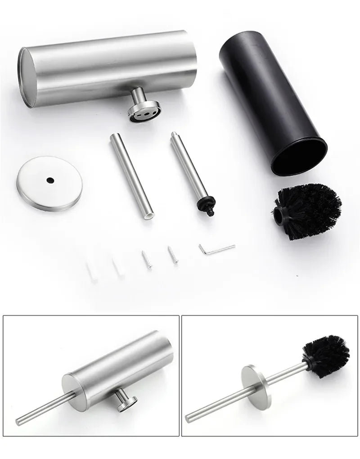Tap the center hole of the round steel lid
pos(49,180)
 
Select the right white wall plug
pos(118,269)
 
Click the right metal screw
pos(172,255)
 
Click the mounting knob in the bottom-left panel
pos(126,401)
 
